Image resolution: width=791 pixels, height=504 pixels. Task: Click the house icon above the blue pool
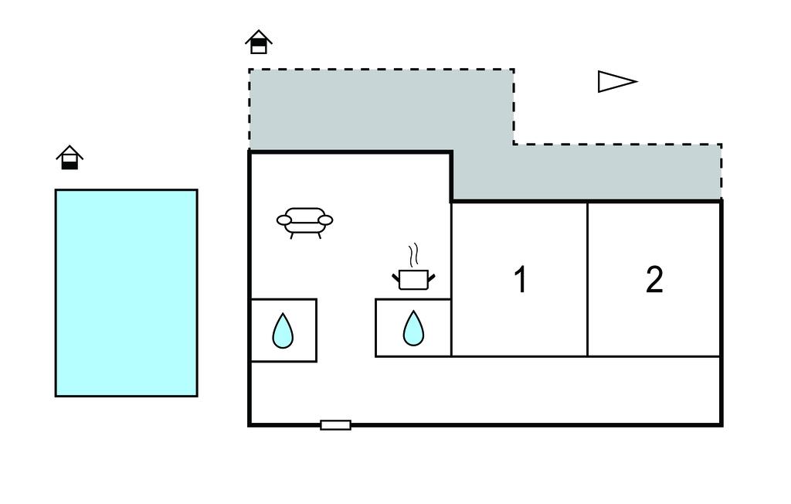(70, 158)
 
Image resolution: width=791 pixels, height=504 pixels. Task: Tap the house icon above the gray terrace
(259, 42)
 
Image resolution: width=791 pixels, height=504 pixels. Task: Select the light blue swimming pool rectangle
(126, 293)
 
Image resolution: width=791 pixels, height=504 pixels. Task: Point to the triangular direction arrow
(616, 81)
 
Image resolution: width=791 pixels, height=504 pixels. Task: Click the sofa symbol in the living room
(305, 220)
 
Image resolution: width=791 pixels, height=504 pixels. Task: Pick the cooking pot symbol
(413, 279)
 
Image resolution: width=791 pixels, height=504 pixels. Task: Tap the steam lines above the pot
(414, 254)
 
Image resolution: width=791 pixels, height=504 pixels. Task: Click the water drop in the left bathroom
(283, 331)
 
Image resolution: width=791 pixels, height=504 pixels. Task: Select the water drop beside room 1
(413, 329)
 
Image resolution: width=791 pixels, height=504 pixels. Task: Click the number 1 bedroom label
(521, 280)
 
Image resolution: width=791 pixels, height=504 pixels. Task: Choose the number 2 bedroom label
(654, 280)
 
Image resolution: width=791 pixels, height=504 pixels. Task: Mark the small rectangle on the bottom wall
(335, 424)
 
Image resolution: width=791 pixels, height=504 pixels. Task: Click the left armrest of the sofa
(284, 221)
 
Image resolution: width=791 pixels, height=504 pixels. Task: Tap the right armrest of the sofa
(326, 220)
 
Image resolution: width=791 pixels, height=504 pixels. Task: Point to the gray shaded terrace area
(379, 108)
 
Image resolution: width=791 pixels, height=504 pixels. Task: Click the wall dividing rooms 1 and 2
(588, 278)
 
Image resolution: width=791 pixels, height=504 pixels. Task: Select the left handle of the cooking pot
(395, 276)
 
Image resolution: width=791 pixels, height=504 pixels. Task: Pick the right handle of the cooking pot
(431, 276)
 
